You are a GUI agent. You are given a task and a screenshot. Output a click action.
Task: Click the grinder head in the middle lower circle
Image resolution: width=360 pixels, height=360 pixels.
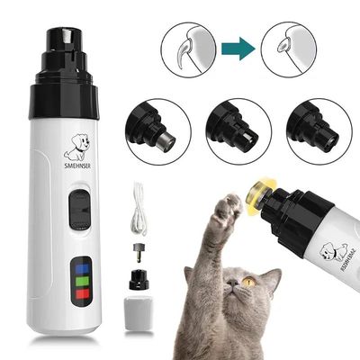click(236, 130)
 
